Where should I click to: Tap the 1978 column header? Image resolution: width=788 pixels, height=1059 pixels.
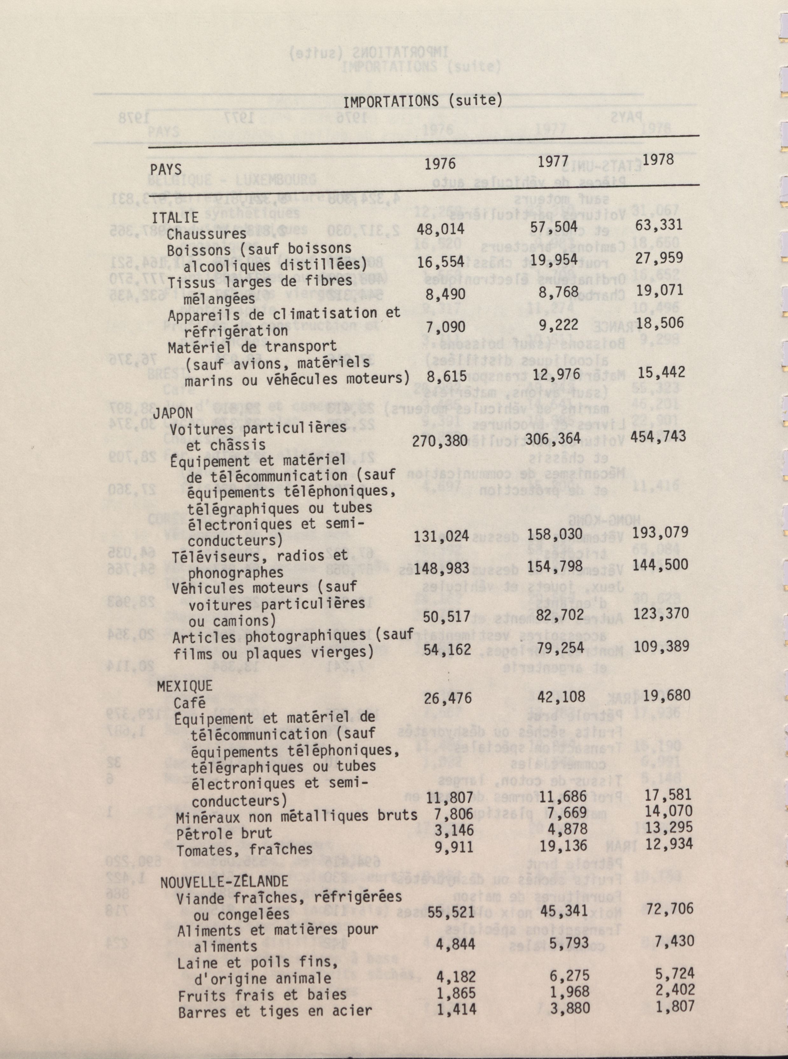click(658, 160)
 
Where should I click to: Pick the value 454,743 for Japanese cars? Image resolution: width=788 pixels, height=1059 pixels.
click(660, 436)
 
